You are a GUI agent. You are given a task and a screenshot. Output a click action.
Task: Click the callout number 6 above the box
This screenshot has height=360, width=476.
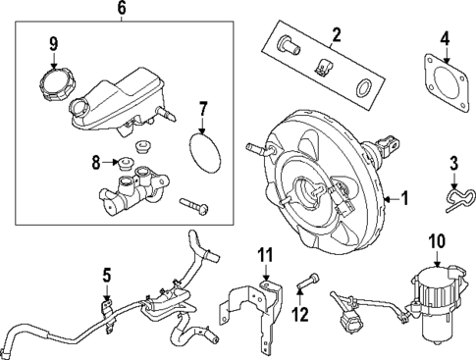[x=122, y=9]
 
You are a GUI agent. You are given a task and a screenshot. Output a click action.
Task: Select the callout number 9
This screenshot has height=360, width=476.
[x=54, y=42]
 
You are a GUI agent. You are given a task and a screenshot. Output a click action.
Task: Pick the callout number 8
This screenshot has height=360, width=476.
[x=96, y=160]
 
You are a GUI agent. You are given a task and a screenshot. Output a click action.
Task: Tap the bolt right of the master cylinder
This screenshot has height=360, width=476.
[x=195, y=207]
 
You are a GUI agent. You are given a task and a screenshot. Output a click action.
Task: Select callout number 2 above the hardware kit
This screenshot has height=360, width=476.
[x=336, y=36]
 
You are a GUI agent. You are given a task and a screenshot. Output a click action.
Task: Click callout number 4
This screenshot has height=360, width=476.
[x=445, y=40]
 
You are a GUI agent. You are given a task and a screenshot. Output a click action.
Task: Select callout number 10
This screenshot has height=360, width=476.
[x=437, y=240]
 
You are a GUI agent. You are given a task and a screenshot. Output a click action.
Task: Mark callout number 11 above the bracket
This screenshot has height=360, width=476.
[x=262, y=257]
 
